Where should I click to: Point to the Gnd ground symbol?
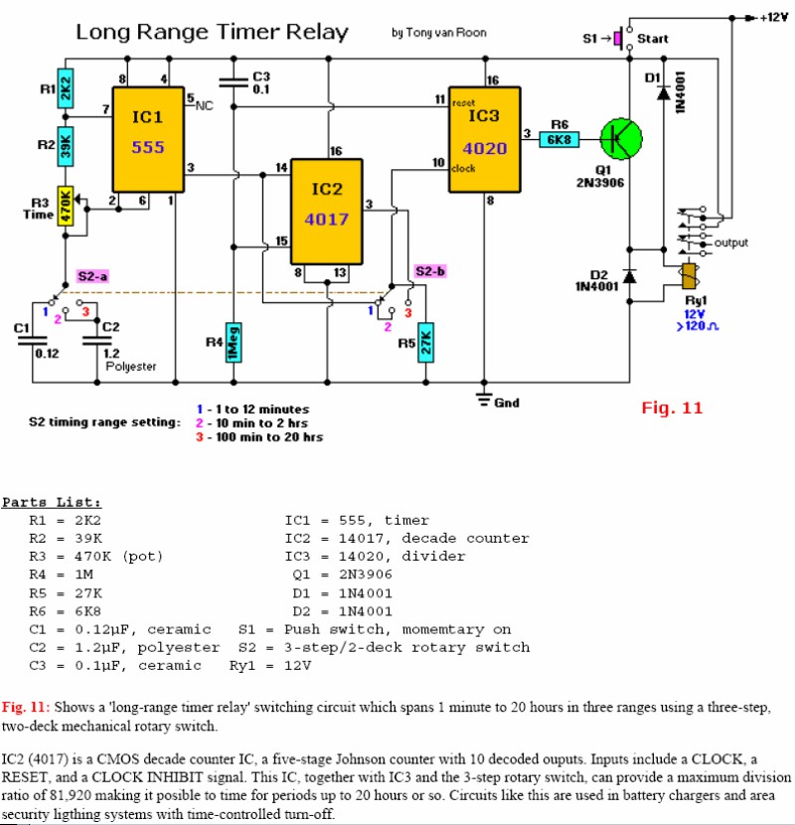tap(485, 400)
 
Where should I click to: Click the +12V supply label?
tap(771, 17)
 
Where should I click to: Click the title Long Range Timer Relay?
tap(213, 32)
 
